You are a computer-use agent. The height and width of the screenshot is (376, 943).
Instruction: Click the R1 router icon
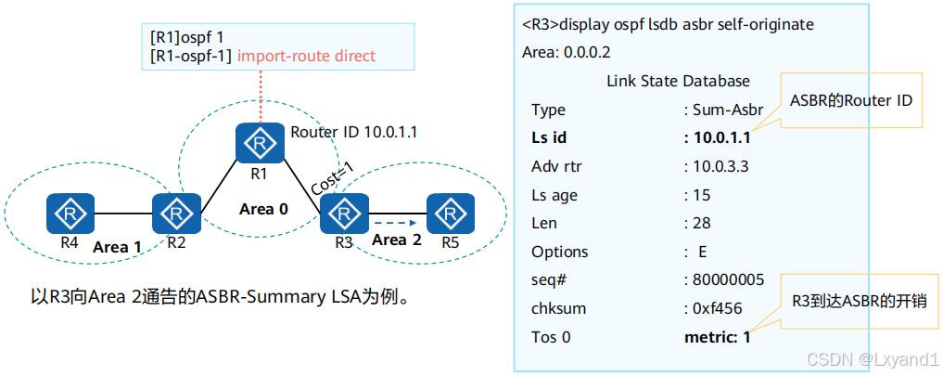(261, 144)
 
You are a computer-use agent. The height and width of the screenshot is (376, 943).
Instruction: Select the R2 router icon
(176, 214)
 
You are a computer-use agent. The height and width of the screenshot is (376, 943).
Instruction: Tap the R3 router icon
(343, 214)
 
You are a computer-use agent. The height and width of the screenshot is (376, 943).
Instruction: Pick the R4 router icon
(70, 214)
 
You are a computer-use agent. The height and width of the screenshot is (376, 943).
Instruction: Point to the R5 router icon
(449, 214)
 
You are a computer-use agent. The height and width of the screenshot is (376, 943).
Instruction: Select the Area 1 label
(117, 247)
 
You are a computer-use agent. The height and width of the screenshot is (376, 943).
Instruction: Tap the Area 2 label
(397, 240)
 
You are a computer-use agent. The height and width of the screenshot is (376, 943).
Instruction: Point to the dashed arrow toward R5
(393, 223)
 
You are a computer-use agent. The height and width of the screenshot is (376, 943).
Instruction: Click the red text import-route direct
(306, 56)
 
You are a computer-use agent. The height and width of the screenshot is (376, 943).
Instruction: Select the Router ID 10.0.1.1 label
(353, 132)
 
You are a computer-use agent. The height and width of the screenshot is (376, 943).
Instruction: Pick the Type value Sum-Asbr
(727, 110)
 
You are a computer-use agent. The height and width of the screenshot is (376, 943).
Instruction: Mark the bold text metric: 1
(716, 337)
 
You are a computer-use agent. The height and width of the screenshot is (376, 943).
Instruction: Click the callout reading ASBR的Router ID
(851, 99)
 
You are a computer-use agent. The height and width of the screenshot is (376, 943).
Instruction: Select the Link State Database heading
(678, 81)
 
